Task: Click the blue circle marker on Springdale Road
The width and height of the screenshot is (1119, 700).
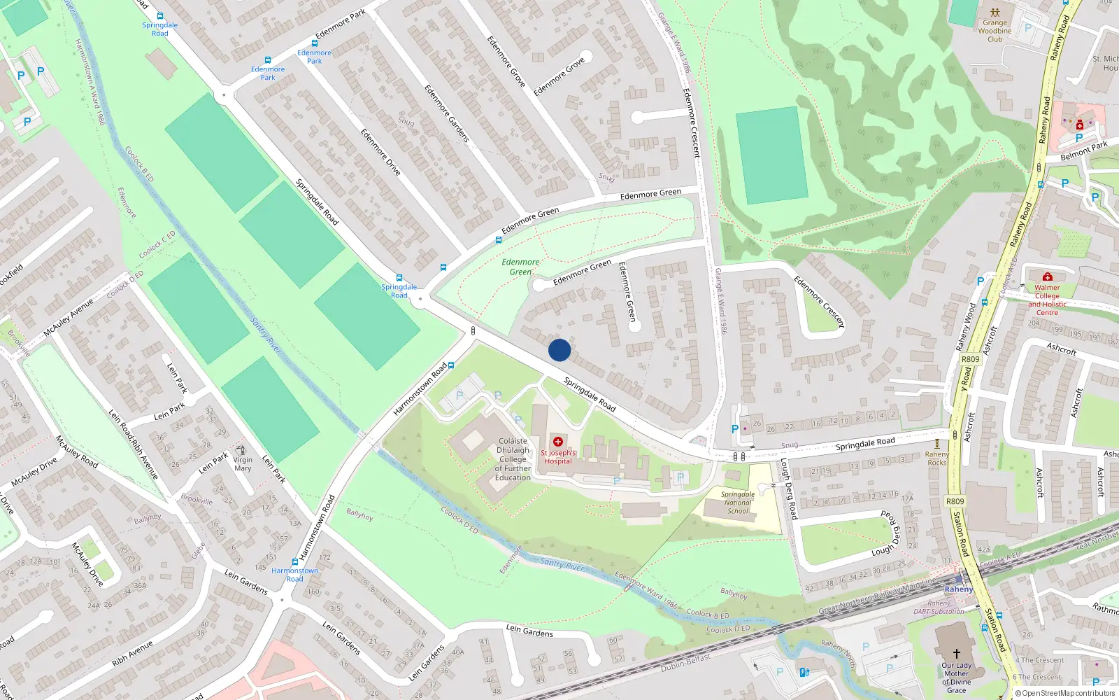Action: (559, 350)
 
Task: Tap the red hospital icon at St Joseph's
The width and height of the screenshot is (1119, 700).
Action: (557, 442)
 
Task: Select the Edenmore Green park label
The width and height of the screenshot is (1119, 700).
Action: (520, 267)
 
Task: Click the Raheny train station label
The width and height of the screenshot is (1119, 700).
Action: (959, 589)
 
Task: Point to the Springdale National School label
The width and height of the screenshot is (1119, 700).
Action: (738, 503)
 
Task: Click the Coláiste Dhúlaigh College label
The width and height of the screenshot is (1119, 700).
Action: (513, 459)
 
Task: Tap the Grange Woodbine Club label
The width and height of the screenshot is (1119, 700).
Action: (995, 31)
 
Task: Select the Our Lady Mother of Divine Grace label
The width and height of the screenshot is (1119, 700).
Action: (956, 678)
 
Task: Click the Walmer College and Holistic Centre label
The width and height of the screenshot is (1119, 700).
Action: (1047, 300)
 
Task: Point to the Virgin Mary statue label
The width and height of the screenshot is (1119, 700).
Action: (243, 464)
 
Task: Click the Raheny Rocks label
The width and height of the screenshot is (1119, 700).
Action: (937, 458)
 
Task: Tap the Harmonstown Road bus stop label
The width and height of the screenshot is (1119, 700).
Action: (294, 575)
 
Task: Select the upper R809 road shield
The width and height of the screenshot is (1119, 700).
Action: (971, 359)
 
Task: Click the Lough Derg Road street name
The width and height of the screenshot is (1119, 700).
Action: (788, 490)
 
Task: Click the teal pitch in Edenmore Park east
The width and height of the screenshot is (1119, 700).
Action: (771, 155)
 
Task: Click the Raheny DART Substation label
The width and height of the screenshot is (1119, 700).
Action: (939, 607)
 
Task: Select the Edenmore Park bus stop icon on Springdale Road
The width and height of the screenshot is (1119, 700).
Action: (267, 60)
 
